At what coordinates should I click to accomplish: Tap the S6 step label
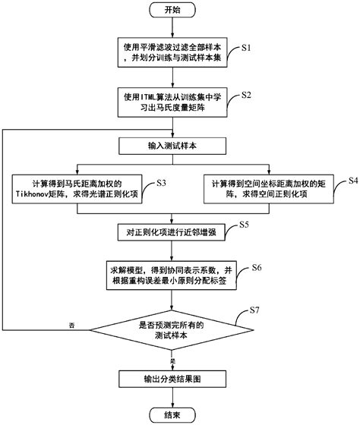click(256, 269)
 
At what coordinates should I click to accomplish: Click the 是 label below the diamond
click(172, 361)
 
